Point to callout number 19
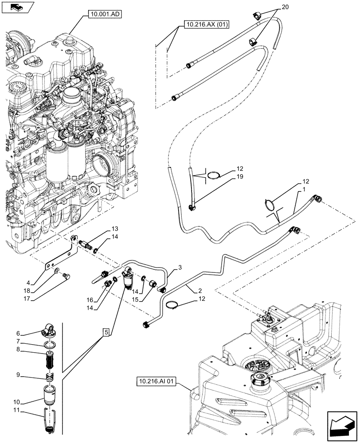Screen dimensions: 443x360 tap(240, 177)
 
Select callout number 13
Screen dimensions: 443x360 tap(115, 229)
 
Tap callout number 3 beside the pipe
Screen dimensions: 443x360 tap(180, 267)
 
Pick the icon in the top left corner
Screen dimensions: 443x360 tap(16, 7)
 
